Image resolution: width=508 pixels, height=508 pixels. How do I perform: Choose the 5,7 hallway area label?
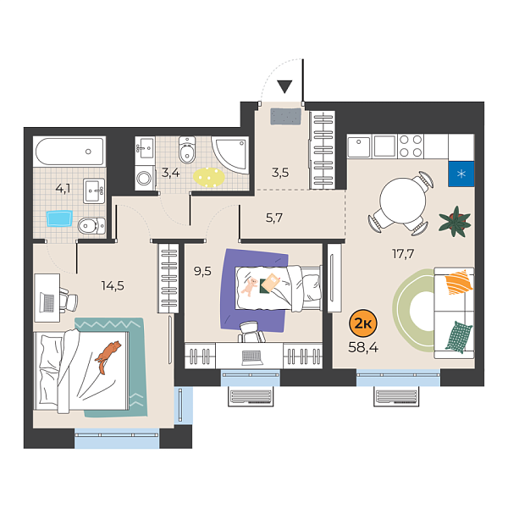click(274, 218)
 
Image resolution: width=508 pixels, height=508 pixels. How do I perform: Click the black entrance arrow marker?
click(284, 86)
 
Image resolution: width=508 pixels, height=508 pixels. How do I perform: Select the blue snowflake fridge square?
click(461, 174)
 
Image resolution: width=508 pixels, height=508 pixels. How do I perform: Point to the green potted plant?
click(454, 222)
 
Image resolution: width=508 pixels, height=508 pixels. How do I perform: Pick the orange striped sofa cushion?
click(457, 281)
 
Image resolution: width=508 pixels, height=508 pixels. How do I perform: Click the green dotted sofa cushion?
click(456, 336)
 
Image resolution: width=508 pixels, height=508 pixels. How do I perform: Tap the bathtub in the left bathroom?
click(69, 154)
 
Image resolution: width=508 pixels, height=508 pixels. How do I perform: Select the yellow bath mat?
click(209, 176)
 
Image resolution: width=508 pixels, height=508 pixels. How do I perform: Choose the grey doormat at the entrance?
click(286, 116)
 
